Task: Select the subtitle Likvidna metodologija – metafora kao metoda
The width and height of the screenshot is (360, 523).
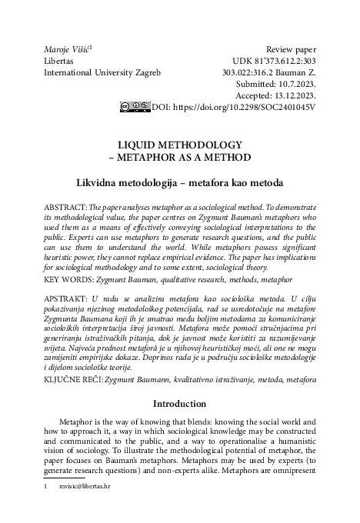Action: [179, 183]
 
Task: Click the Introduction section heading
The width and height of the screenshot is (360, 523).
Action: [179, 403]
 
